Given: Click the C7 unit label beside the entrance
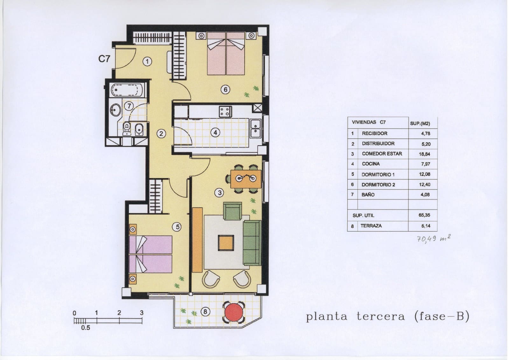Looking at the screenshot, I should click(104, 59).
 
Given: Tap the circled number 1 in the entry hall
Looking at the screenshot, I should click(147, 61).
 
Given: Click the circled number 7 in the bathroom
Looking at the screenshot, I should click(129, 106).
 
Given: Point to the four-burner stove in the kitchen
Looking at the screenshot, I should click(225, 112).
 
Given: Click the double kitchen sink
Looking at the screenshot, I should click(255, 128).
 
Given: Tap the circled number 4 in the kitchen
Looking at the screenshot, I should click(215, 132).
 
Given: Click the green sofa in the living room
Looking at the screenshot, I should click(252, 243).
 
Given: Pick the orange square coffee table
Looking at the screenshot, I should click(226, 243).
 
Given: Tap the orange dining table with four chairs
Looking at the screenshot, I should click(246, 179).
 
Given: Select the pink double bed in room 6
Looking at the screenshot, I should click(226, 54).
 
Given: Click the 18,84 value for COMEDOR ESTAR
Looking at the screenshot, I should click(424, 154).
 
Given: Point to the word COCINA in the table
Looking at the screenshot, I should click(371, 164).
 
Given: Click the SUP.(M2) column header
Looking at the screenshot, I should click(420, 124).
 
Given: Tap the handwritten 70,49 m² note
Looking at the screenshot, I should click(433, 238).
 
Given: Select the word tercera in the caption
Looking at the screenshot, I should click(381, 316).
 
